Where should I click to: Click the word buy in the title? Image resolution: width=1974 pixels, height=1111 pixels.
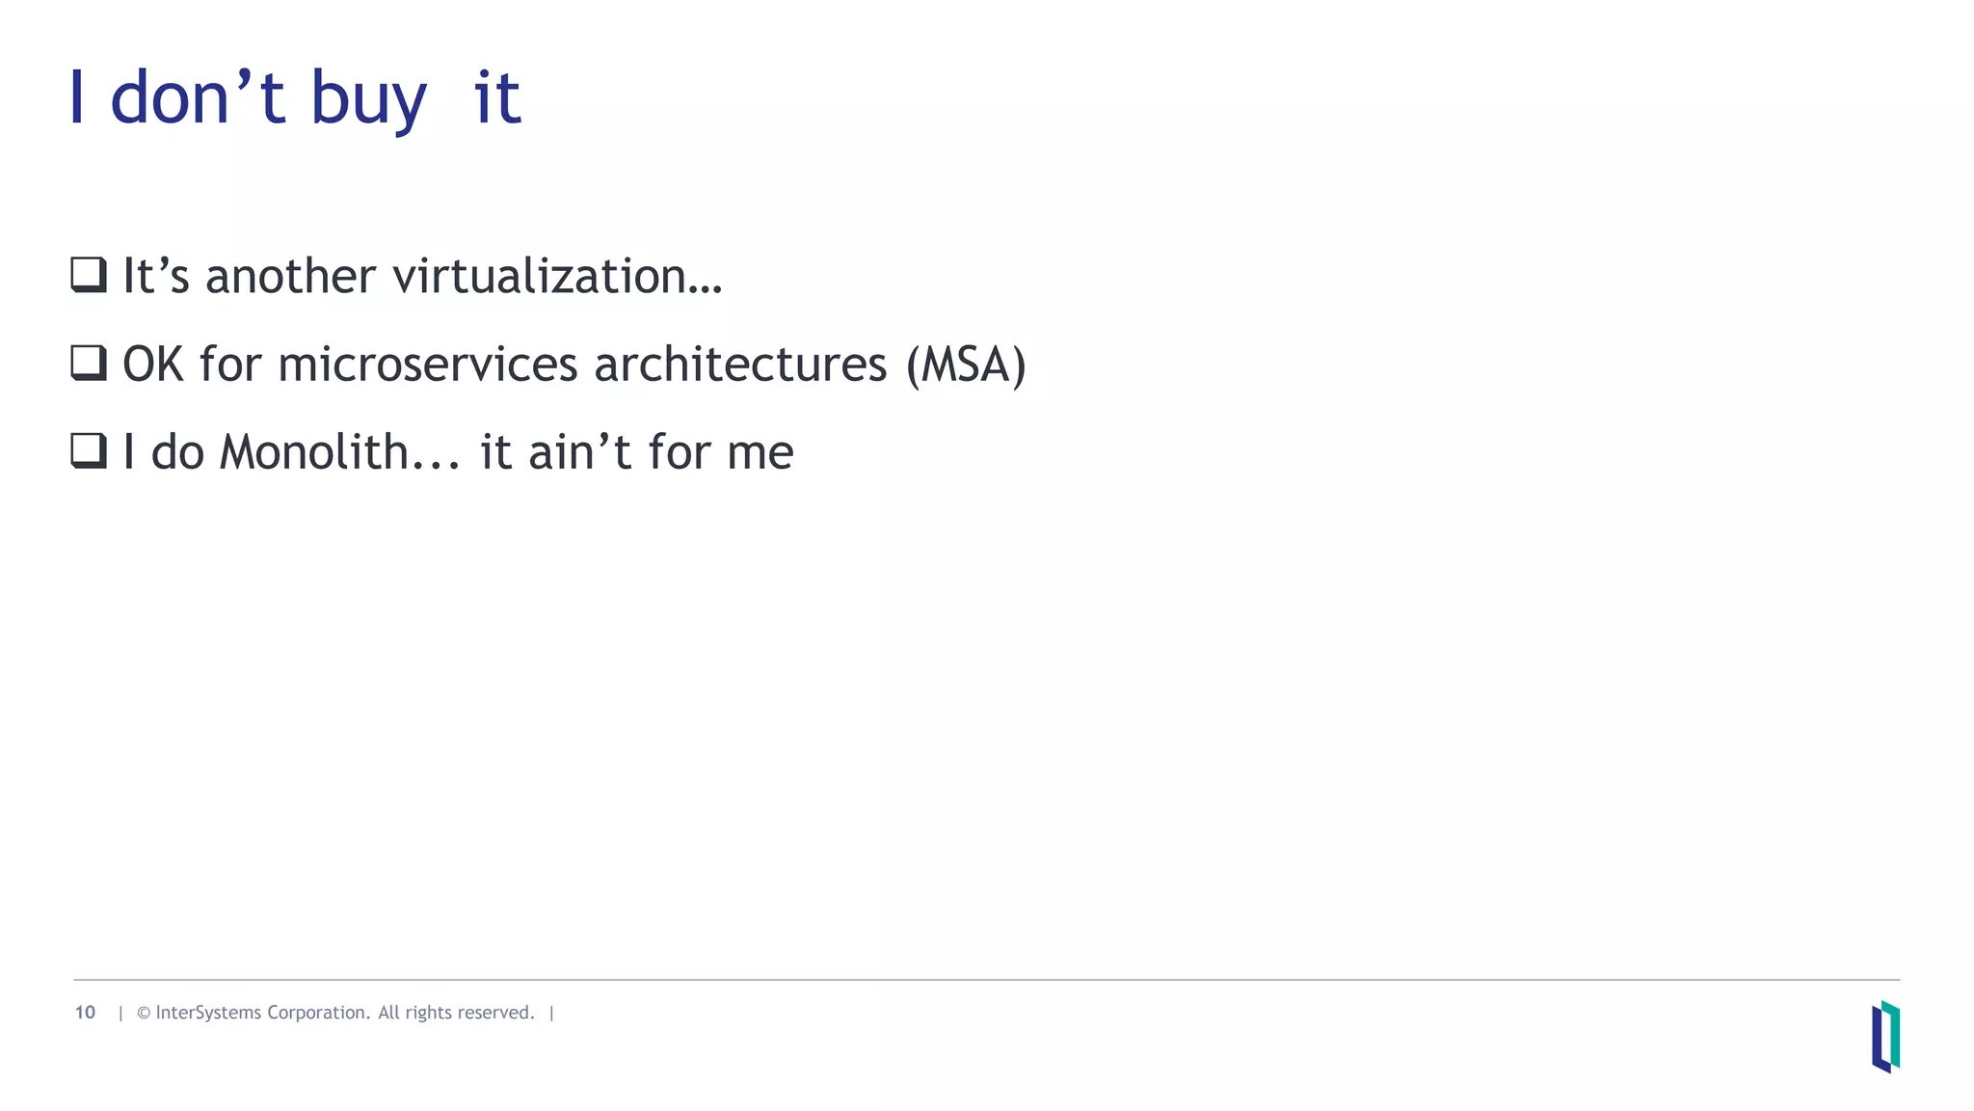(367, 100)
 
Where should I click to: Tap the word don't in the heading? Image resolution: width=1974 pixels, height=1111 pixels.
(198, 98)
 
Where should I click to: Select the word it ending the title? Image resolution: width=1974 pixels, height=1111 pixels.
(497, 98)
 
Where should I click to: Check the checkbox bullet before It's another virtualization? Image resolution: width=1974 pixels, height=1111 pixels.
(89, 275)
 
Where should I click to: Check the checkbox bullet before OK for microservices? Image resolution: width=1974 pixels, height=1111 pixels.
(89, 363)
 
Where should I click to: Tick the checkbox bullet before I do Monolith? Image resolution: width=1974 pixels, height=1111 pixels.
(89, 450)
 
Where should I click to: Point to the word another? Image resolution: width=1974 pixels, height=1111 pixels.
(290, 277)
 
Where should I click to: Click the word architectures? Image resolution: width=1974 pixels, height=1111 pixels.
(740, 366)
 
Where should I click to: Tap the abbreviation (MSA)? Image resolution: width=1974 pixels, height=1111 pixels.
(966, 366)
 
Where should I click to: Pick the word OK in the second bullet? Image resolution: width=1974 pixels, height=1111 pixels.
(153, 366)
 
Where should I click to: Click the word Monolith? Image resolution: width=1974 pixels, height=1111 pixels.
(314, 452)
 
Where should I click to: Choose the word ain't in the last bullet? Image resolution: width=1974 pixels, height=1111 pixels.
(579, 452)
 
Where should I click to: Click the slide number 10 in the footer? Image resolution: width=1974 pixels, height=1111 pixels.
(85, 1013)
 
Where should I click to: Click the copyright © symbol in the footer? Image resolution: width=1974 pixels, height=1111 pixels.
(144, 1013)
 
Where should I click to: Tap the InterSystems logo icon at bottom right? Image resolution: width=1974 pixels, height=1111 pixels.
(1885, 1037)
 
